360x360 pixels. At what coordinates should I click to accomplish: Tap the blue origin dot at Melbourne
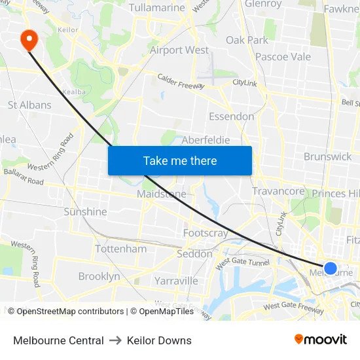coord(331,268)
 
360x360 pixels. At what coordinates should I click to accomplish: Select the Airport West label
coord(179,50)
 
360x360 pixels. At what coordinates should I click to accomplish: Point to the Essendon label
coord(231,117)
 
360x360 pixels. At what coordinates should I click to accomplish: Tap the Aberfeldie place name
coord(206,140)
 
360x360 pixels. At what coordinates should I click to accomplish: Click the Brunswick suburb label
coord(327,156)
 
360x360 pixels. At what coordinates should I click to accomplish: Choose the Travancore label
coord(278,191)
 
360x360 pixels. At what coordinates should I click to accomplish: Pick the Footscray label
coord(206,233)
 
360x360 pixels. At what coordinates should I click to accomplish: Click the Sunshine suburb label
coord(85,211)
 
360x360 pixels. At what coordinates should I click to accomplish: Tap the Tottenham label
coord(121,249)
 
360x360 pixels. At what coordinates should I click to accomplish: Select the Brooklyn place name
coord(99,276)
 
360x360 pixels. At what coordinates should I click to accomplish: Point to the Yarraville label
coord(176,281)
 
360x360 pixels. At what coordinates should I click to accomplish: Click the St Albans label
coord(29,105)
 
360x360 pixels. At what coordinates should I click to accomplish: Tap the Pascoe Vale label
coord(283,57)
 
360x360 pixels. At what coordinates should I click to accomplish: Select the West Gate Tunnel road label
coord(242,262)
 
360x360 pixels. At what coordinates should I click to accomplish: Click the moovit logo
coord(321,340)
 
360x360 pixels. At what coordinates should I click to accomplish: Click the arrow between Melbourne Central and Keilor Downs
coord(115,340)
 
